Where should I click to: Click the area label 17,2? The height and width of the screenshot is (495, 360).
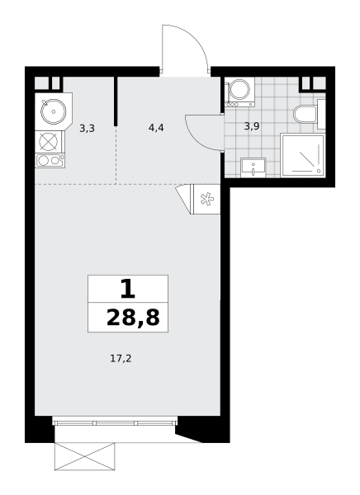point(121,359)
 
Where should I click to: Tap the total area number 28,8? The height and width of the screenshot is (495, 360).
point(133,318)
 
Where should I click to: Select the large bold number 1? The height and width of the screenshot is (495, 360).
point(128,290)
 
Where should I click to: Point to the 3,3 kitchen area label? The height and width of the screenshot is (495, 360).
point(87,129)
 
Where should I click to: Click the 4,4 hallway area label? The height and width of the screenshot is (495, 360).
point(156,128)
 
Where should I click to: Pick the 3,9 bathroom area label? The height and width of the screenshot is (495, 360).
point(252,126)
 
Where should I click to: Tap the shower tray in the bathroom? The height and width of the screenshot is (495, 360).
point(302,155)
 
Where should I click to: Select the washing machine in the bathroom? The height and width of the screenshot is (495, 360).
point(239,92)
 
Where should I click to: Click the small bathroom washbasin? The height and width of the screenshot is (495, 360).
point(253,167)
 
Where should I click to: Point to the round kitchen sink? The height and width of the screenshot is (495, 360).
point(54,111)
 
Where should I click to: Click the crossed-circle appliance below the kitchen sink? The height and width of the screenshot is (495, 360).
point(50,141)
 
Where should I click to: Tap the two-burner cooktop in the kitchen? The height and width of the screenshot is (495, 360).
point(50,160)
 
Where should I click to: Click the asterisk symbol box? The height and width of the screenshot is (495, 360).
point(206,199)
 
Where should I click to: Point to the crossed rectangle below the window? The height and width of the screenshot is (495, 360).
point(85,456)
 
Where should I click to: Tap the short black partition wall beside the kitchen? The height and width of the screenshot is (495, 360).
point(116,101)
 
